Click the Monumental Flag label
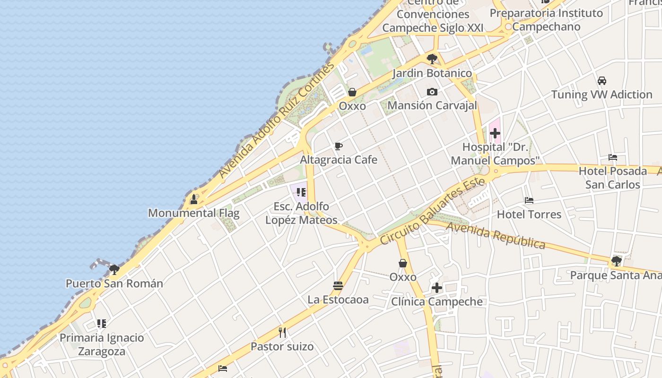(194, 213)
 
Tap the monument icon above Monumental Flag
(193, 200)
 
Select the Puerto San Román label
(114, 283)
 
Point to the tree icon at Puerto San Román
(114, 270)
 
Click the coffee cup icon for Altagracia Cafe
(338, 146)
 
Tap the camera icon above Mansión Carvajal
(432, 92)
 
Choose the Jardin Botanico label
(432, 73)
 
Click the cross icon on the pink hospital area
(495, 134)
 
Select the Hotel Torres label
(529, 215)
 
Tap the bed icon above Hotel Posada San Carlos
(613, 157)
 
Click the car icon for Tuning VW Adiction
(602, 81)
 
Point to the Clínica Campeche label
(437, 301)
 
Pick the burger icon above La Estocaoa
(338, 286)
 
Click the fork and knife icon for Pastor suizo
(282, 333)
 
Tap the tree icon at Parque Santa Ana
(616, 261)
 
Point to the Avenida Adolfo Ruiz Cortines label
(277, 120)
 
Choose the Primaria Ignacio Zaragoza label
(102, 344)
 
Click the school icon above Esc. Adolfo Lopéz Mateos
(301, 192)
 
